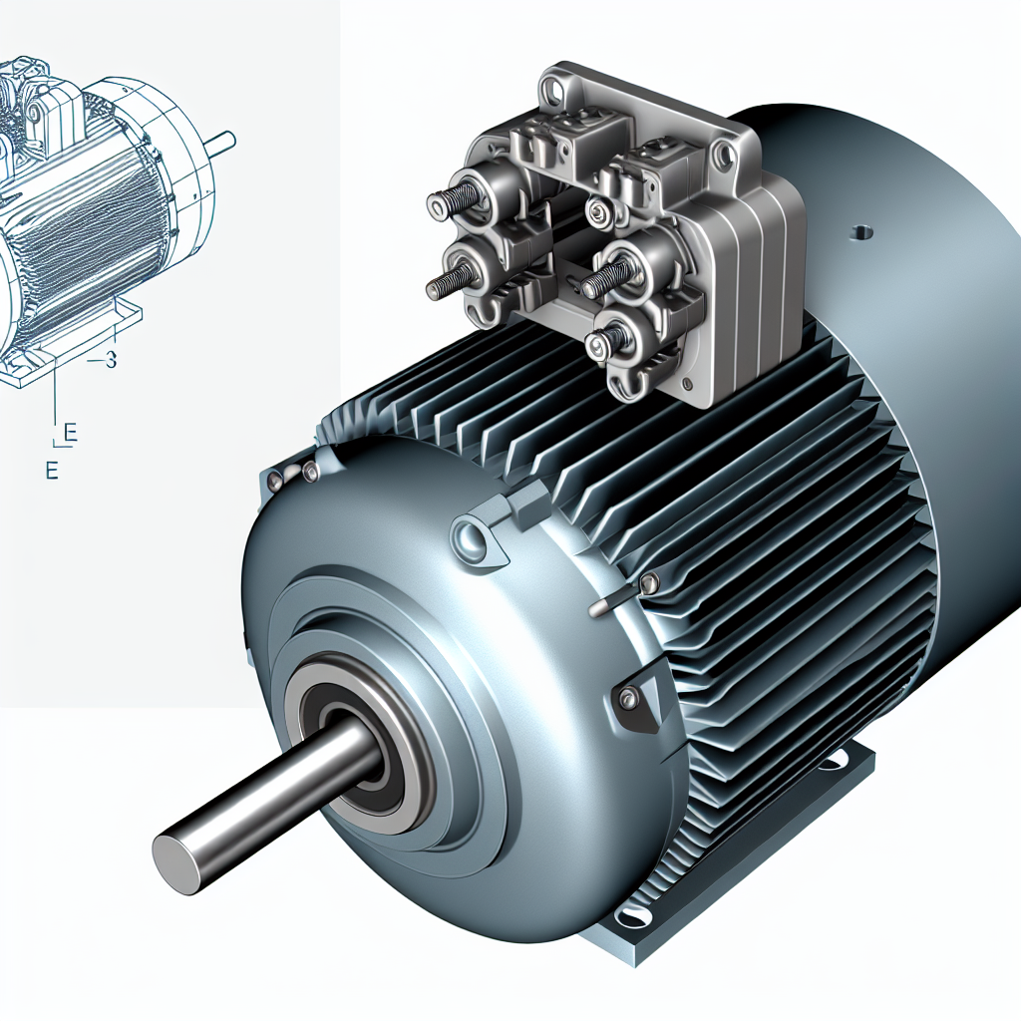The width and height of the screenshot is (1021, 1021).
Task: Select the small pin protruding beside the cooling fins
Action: tap(604, 605)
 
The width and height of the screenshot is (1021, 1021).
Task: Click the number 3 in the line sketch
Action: tap(110, 361)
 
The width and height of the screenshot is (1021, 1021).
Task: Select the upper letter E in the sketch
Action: tap(70, 432)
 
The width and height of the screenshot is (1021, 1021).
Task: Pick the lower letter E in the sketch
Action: tap(51, 471)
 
